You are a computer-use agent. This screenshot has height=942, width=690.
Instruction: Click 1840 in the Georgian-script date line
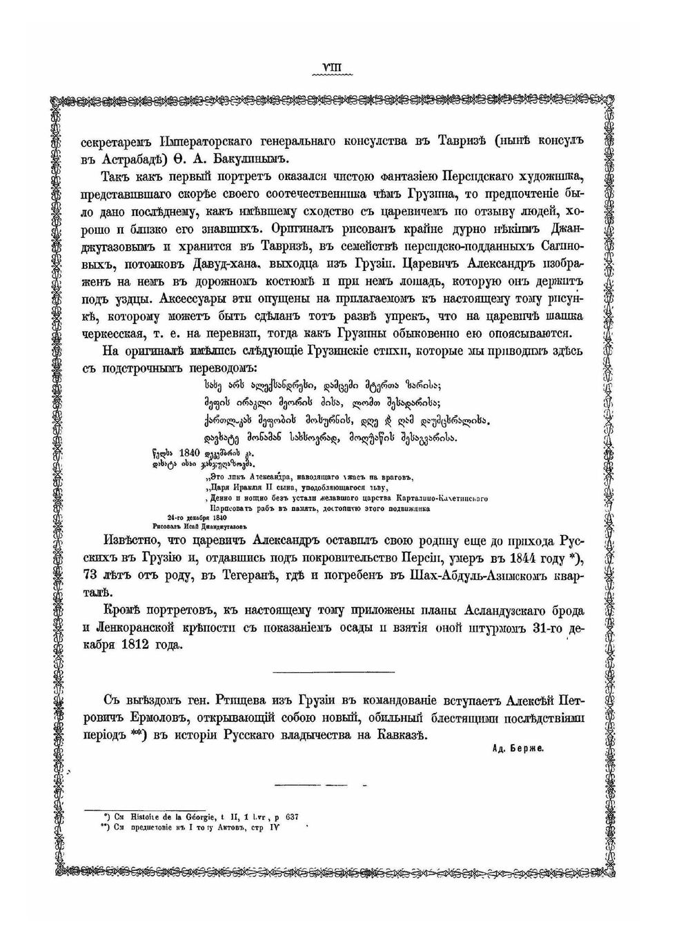188,453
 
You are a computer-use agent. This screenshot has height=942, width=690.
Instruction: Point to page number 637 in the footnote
291,817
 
